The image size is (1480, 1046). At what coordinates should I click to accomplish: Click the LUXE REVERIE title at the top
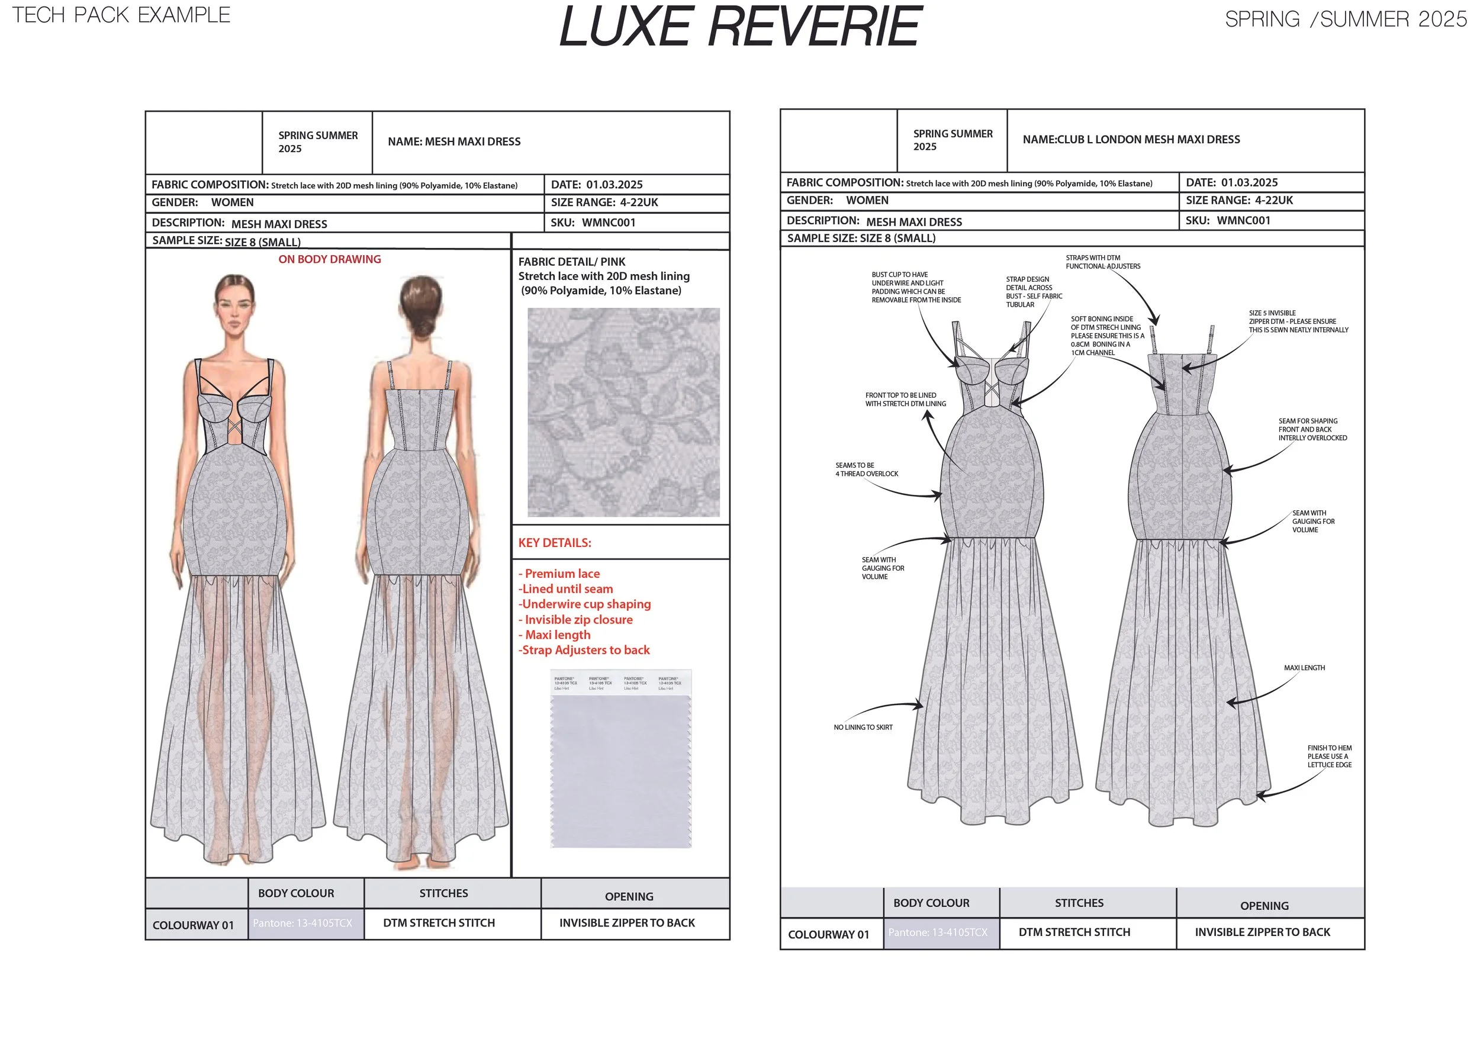tap(741, 28)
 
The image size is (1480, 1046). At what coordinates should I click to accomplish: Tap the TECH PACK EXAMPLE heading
tap(121, 15)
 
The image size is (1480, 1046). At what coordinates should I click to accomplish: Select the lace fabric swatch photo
tap(623, 412)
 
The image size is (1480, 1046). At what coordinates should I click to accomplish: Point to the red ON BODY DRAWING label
tap(329, 259)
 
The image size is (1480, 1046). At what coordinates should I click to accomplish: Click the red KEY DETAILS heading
tap(554, 543)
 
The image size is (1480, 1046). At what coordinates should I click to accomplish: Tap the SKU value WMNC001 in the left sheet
tap(609, 223)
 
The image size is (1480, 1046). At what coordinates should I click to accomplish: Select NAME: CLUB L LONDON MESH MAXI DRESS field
tap(1131, 139)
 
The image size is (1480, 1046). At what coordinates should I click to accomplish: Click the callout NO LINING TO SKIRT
tap(863, 727)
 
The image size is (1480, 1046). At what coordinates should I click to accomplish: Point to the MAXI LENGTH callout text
tap(1304, 668)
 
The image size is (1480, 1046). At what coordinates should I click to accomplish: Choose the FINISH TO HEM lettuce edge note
tap(1329, 756)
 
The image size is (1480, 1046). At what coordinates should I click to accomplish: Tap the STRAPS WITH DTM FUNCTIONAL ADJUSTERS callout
tap(1103, 262)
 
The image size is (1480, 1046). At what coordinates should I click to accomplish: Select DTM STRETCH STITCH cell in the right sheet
tap(1074, 932)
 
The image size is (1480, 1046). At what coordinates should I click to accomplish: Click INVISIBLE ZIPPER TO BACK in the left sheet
tap(626, 923)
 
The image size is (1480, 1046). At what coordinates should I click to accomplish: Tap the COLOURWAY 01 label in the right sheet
tap(828, 935)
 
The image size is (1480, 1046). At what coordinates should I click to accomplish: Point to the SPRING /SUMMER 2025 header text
tap(1345, 20)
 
